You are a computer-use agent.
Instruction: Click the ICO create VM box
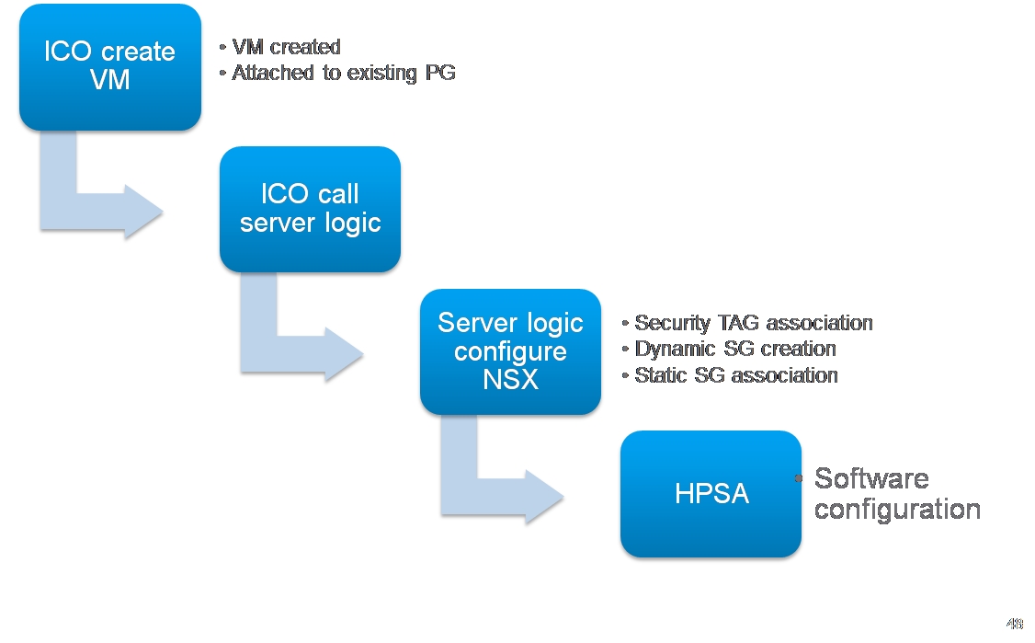pos(110,67)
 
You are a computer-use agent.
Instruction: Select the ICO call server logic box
pos(311,209)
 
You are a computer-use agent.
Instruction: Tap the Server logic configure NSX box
pos(510,351)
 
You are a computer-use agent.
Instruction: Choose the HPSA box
pos(711,494)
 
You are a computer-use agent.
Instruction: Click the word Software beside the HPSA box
pos(871,478)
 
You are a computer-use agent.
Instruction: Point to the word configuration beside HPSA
pos(897,510)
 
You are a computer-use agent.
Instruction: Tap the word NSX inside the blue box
pos(510,379)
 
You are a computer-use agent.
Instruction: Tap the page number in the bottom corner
pos(1015,623)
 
